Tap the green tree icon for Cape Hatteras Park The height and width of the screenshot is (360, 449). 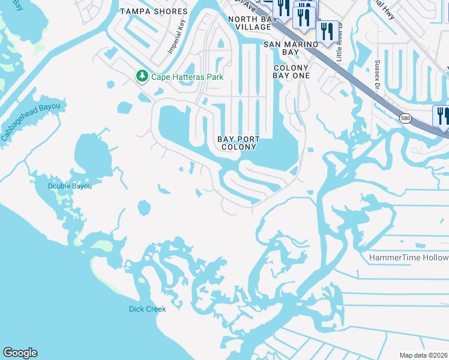(x=142, y=76)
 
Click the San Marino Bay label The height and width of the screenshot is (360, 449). (x=291, y=48)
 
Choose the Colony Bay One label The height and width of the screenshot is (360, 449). (x=291, y=72)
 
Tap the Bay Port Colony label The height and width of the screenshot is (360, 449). (x=239, y=143)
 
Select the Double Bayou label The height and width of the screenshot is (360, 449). (x=70, y=186)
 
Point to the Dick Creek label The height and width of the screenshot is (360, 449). (x=147, y=309)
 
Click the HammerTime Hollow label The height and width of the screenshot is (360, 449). (x=408, y=257)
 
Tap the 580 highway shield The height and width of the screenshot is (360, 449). (x=406, y=118)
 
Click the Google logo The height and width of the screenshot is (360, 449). (x=20, y=353)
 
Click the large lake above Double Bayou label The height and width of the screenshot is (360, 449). (x=92, y=153)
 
